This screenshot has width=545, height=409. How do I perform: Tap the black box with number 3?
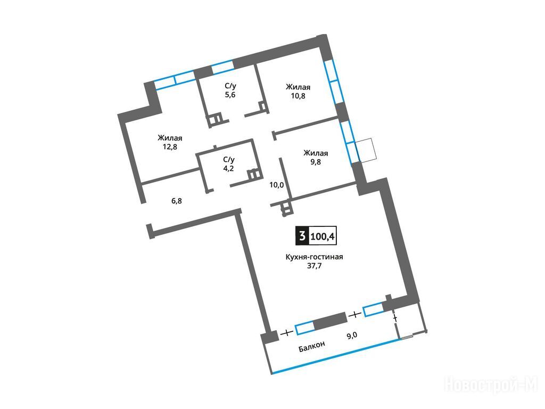[x=302, y=236]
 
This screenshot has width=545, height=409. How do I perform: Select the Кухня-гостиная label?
[x=314, y=257]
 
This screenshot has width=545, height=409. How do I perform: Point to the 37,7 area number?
[x=314, y=266]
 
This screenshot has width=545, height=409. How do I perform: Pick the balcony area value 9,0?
[x=352, y=336]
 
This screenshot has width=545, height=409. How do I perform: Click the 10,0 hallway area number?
[x=277, y=185]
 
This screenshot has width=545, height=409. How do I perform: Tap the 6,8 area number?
[x=177, y=201]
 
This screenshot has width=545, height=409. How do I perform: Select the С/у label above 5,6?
[x=230, y=86]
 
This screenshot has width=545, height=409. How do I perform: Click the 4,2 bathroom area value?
[x=229, y=168]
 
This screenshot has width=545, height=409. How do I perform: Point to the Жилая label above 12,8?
[x=170, y=138]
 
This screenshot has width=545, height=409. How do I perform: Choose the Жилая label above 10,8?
[x=298, y=87]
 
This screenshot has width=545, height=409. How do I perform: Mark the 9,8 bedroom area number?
[x=316, y=162]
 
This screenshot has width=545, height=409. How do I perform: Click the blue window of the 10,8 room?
[x=334, y=81]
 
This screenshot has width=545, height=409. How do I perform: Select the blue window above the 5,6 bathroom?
[x=222, y=67]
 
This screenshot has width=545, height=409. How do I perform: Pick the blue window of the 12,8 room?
[x=175, y=80]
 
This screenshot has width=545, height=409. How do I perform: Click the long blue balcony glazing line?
[x=335, y=356]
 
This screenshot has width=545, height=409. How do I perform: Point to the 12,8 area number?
[x=170, y=146]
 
